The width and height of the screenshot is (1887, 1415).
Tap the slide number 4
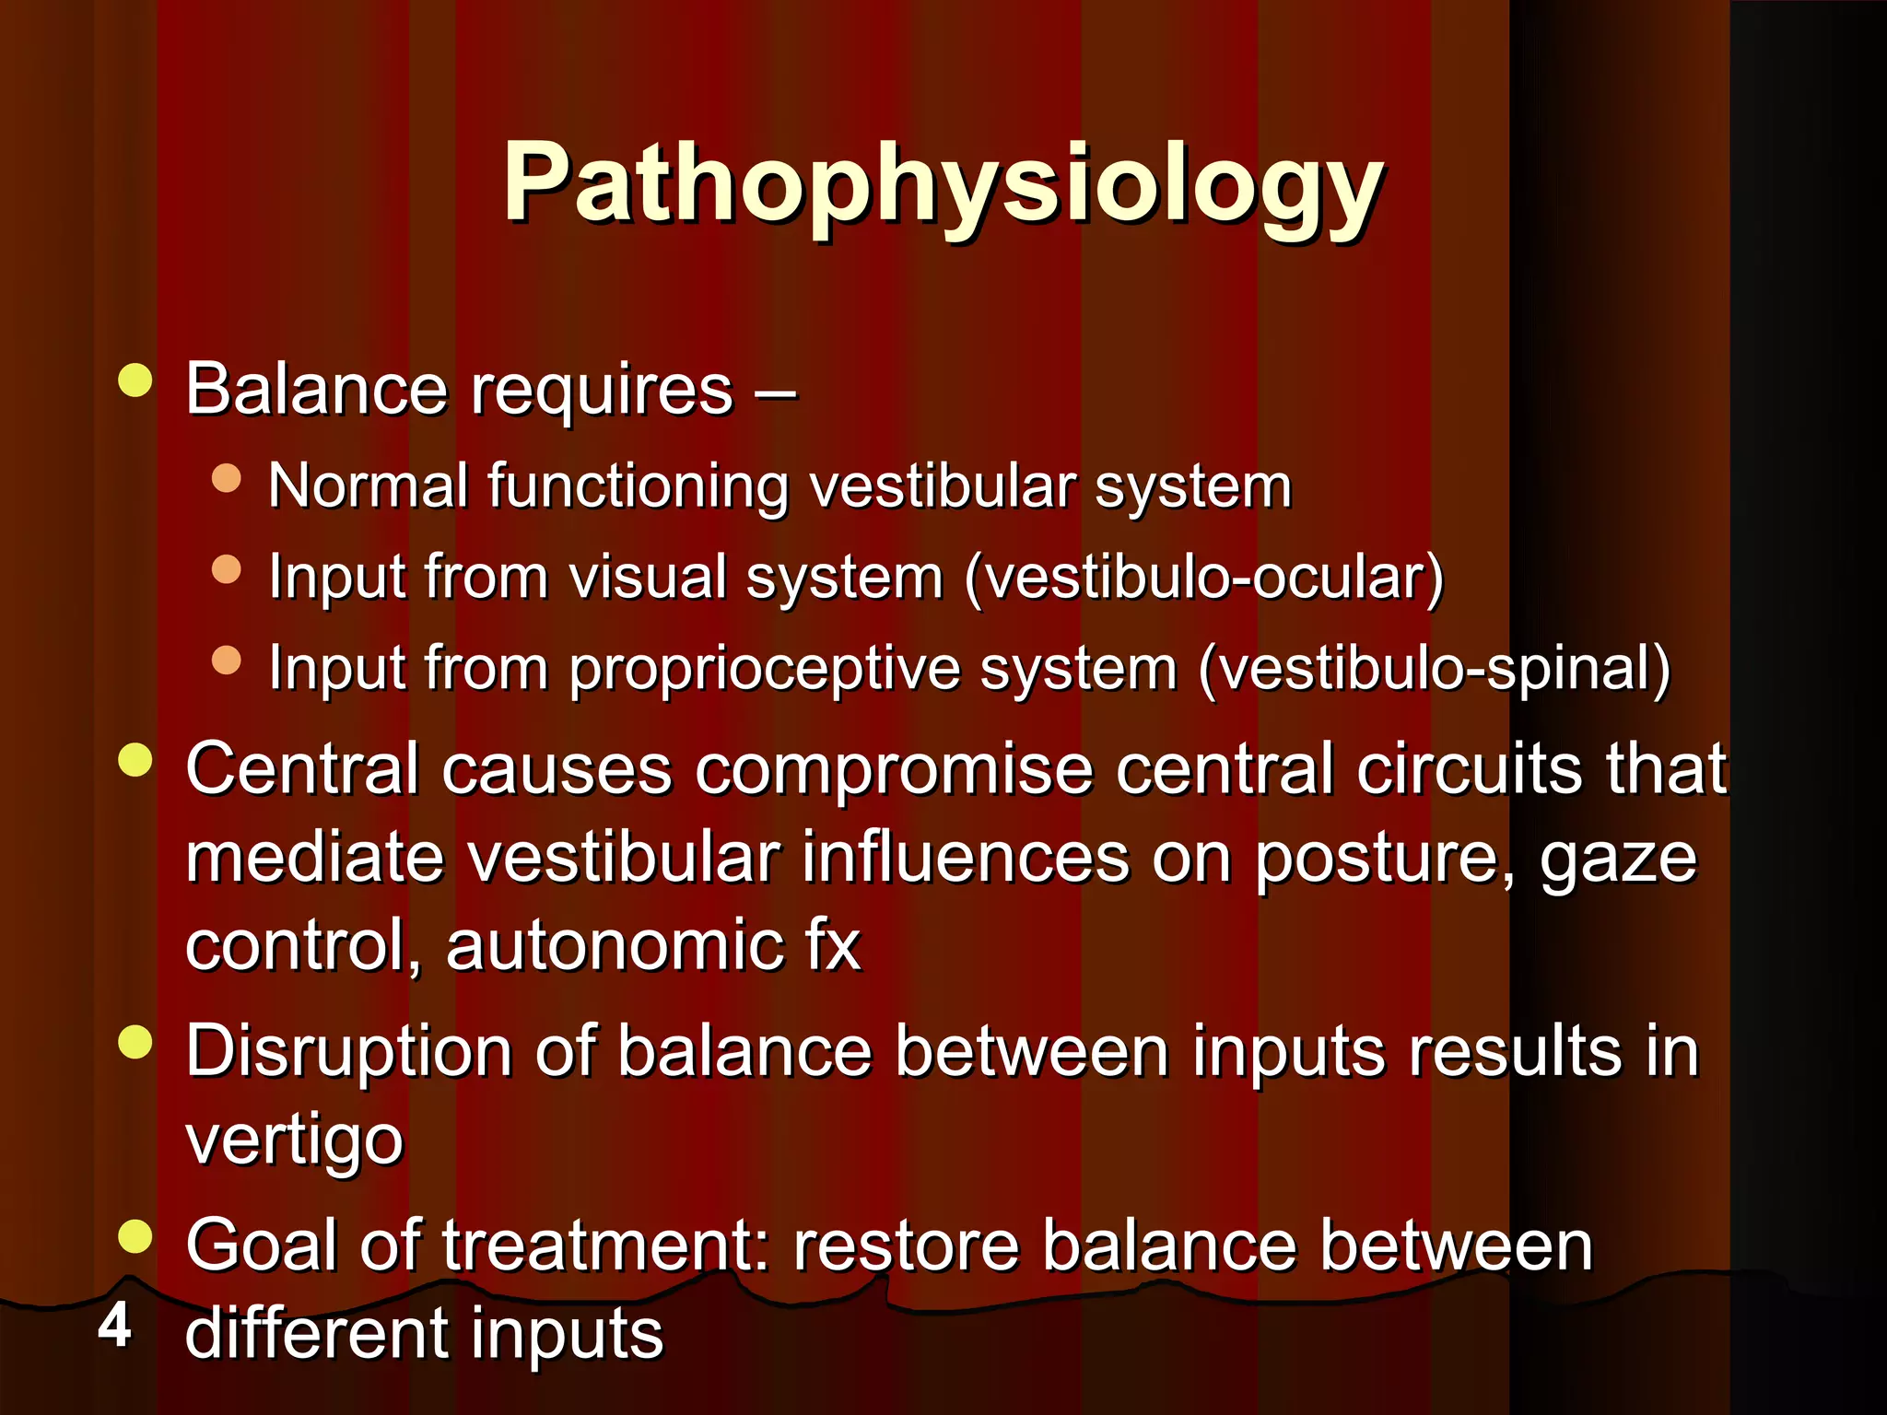(114, 1327)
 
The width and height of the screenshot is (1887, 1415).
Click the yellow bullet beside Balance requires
(135, 380)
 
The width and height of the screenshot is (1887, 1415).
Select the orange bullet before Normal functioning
(226, 478)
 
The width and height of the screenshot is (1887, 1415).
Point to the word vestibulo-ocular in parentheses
(1203, 578)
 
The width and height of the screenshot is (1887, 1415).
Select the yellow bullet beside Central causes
(135, 759)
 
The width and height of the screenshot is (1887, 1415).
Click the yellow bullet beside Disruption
(135, 1042)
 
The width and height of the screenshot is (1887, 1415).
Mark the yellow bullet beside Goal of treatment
(135, 1236)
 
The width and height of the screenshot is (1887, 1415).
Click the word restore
(907, 1245)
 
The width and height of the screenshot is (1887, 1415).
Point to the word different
(319, 1333)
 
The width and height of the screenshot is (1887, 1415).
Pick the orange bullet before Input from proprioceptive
(226, 660)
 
